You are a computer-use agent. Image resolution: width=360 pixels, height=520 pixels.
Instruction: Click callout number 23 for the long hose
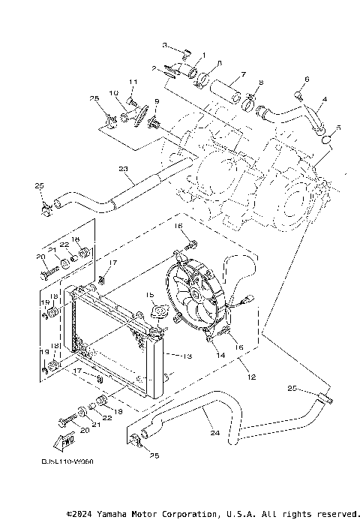pos(124,169)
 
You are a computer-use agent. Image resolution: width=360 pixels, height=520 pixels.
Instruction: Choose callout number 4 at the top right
pos(324,98)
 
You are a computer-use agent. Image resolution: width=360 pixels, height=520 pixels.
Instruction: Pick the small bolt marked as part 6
pos(299,95)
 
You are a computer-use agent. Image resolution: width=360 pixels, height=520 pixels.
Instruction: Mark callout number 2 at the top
pos(154,68)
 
